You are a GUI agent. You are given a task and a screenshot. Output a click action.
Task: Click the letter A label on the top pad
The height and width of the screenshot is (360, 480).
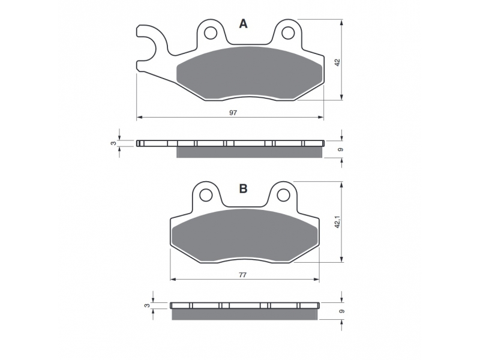243,23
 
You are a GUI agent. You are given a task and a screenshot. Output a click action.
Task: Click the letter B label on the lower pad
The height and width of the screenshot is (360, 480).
243,188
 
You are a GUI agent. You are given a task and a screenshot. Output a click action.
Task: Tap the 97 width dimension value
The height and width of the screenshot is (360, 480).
233,113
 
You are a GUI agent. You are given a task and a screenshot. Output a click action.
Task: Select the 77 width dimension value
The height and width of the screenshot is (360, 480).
242,275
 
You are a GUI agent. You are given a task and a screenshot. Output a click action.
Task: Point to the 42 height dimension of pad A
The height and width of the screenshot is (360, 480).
337,63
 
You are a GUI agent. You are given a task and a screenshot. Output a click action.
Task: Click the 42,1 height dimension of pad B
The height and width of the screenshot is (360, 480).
337,222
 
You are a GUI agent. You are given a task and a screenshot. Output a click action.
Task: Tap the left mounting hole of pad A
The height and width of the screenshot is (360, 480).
211,33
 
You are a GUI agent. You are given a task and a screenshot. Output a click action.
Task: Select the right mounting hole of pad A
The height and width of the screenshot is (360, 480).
288,33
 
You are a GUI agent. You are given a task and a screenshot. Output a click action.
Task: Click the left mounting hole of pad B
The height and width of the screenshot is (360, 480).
206,194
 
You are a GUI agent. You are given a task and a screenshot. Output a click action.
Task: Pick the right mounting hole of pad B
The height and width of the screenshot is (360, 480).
283,194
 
